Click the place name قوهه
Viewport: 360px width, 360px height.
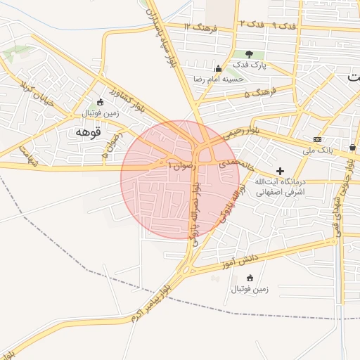88,131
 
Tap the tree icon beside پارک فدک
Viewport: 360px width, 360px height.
250,54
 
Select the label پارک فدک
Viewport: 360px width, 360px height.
250,65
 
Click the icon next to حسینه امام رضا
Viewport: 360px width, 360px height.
218,68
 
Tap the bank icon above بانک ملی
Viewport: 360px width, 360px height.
317,139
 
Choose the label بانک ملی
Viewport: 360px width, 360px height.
317,150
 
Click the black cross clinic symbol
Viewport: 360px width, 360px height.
280,170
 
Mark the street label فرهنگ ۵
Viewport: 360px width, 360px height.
257,93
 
